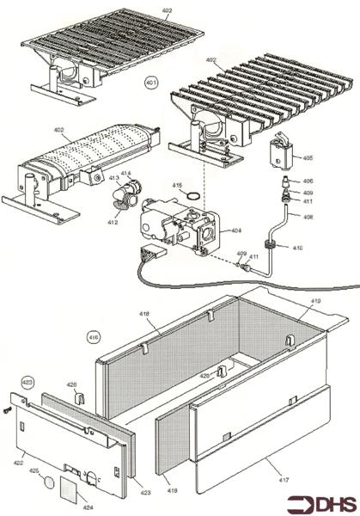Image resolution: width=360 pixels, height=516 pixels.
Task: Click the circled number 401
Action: (x=151, y=83)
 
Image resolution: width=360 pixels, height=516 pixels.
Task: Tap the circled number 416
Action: (x=94, y=339)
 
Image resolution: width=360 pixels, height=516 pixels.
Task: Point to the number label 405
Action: (x=308, y=158)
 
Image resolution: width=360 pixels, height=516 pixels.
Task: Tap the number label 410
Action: (x=297, y=248)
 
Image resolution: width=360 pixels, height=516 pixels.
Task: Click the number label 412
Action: (x=112, y=222)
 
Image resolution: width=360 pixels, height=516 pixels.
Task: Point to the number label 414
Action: (x=125, y=174)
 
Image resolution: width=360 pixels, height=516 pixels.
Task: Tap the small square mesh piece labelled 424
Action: (x=69, y=491)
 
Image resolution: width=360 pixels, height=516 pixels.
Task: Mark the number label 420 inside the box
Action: (x=204, y=376)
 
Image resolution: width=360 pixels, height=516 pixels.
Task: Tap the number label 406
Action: (x=308, y=181)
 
